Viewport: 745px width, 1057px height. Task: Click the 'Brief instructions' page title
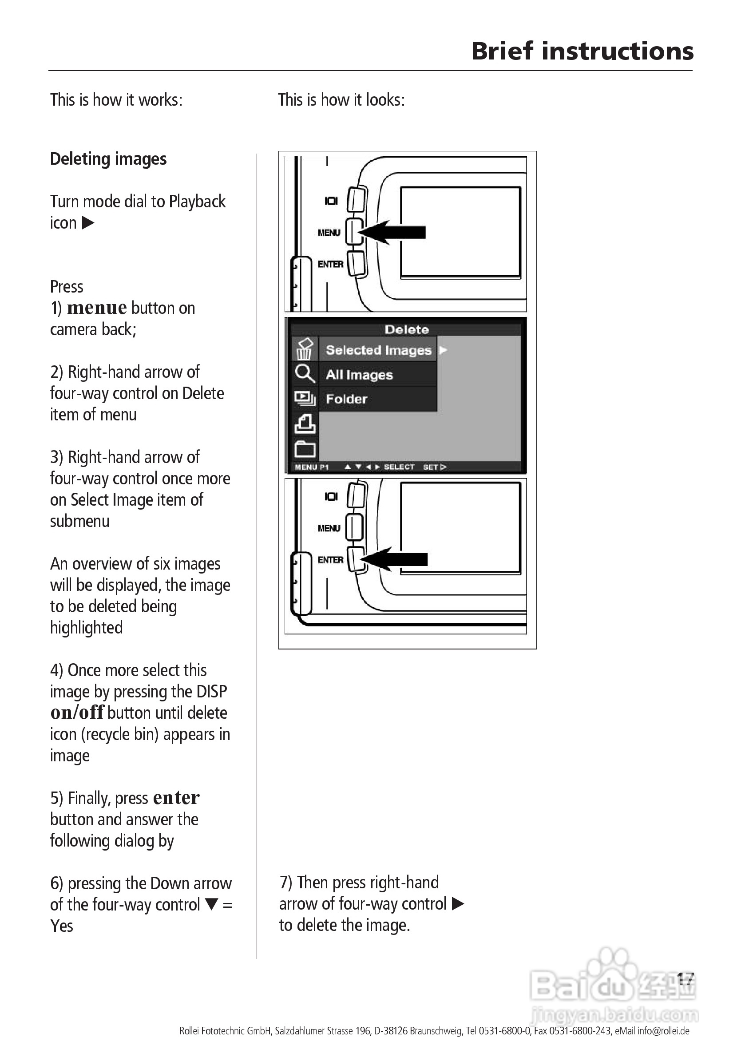pos(582,51)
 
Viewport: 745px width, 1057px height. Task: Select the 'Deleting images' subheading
pos(108,159)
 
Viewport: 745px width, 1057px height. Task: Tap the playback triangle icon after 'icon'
pos(88,223)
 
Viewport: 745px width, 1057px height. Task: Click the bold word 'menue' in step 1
pos(97,308)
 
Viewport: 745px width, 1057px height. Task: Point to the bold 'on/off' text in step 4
pos(77,713)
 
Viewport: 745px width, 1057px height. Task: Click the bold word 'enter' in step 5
pos(176,798)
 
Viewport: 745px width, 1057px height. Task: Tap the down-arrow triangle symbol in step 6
pos(211,904)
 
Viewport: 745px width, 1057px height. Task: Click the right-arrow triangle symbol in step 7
pos(458,904)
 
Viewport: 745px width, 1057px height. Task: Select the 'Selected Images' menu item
pos(378,350)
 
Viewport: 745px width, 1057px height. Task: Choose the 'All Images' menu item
pos(359,375)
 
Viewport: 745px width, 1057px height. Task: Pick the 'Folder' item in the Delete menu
pos(346,399)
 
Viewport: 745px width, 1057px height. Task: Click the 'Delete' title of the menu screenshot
pos(407,330)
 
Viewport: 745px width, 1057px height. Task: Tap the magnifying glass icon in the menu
pos(305,374)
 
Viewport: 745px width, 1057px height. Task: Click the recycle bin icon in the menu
pos(305,349)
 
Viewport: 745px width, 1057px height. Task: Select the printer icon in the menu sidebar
pos(305,424)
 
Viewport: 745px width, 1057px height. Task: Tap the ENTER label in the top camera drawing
pos(330,264)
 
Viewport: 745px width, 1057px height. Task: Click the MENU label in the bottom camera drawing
pos(329,528)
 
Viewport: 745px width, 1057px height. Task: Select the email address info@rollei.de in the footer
pos(663,1031)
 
